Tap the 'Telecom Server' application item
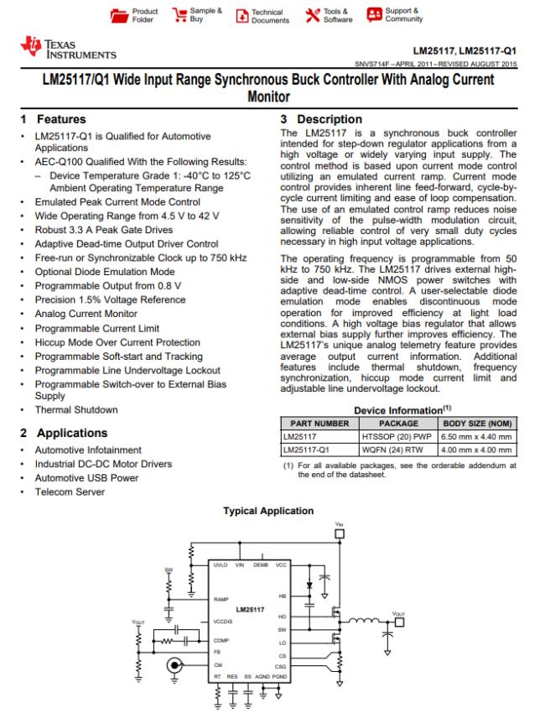click(x=76, y=492)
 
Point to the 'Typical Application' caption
click(x=272, y=511)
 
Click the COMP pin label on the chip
click(x=221, y=641)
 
